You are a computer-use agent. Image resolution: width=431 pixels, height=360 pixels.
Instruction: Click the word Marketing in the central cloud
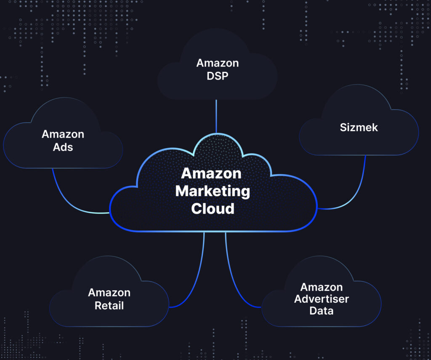coord(213,191)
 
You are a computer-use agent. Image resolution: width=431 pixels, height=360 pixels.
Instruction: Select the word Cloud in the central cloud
coord(213,209)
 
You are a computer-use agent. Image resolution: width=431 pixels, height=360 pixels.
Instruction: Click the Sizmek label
coord(359,127)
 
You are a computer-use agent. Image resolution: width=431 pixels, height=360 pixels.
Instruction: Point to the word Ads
coord(63,147)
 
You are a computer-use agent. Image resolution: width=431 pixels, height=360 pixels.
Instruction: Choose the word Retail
coord(109,305)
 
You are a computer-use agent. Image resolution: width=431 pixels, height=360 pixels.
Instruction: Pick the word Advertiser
coord(322,299)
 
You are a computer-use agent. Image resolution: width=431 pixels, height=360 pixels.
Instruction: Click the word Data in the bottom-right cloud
coord(322,311)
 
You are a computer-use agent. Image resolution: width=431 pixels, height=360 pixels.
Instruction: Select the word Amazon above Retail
coord(109,293)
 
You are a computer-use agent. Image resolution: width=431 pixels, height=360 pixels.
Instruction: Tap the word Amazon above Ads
coord(63,135)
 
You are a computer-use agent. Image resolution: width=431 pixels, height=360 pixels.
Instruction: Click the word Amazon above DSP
coord(218,63)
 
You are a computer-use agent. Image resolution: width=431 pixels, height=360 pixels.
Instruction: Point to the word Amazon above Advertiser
coord(322,287)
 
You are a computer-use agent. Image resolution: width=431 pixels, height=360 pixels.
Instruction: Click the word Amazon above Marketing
coord(211,173)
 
